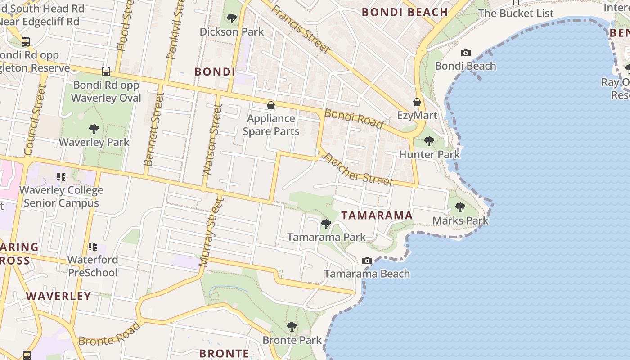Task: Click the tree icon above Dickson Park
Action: tap(232, 18)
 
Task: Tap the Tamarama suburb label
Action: tap(377, 216)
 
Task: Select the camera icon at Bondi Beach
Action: tap(466, 53)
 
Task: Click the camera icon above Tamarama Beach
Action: tap(367, 261)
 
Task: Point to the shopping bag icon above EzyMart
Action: tap(417, 102)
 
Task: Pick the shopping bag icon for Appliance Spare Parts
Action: tap(271, 106)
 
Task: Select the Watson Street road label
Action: tap(213, 140)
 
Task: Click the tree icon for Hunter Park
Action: tap(429, 141)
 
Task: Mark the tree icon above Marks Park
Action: tap(460, 207)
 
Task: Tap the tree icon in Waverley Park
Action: tap(94, 130)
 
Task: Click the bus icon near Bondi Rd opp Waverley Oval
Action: tap(106, 71)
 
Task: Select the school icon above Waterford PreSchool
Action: tap(93, 246)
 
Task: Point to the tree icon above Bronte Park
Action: tap(292, 327)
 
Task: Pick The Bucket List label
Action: tap(516, 13)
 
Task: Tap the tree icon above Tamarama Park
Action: tap(326, 224)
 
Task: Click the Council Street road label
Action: tap(35, 120)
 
